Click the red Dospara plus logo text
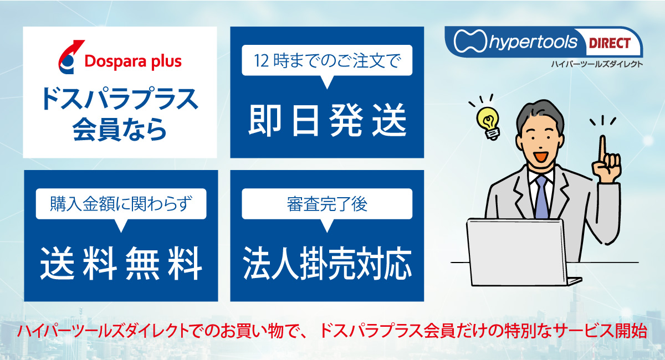pyautogui.click(x=133, y=61)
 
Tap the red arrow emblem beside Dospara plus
pyautogui.click(x=71, y=57)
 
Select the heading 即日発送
pyautogui.click(x=327, y=120)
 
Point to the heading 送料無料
pyautogui.click(x=121, y=264)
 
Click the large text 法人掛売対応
pyautogui.click(x=327, y=263)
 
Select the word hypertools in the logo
pyautogui.click(x=533, y=42)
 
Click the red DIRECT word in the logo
pyautogui.click(x=610, y=43)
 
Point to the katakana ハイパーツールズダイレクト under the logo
pyautogui.click(x=597, y=64)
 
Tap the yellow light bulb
pyautogui.click(x=488, y=122)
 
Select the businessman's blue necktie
pyautogui.click(x=541, y=197)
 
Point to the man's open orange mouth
pyautogui.click(x=541, y=156)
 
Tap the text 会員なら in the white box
pyautogui.click(x=120, y=129)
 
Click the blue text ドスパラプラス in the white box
pyautogui.click(x=120, y=99)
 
